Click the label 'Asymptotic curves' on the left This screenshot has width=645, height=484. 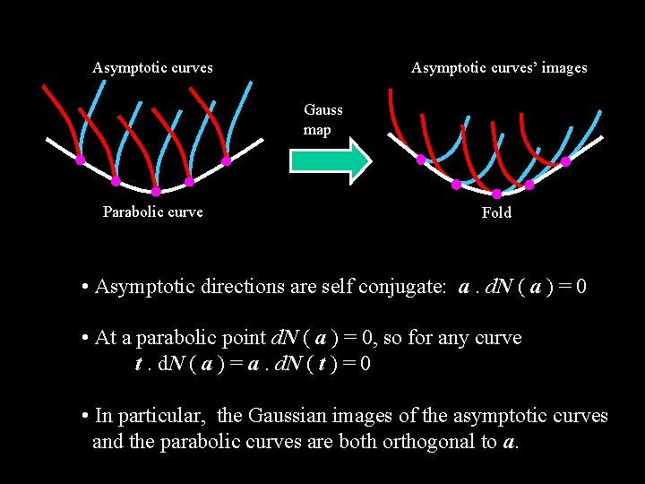152,68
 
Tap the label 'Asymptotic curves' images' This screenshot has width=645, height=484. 499,68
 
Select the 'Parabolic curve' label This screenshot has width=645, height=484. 152,212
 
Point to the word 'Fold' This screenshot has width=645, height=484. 496,213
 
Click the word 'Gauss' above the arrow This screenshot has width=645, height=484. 323,110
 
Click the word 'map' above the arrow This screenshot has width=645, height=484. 317,130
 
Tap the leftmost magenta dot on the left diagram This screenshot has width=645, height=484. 80,160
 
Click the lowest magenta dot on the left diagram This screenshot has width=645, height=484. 155,192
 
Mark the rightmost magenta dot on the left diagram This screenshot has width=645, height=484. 227,161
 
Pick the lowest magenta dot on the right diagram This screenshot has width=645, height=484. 497,194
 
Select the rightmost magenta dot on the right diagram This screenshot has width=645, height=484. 565,162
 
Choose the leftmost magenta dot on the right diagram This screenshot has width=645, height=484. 421,159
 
